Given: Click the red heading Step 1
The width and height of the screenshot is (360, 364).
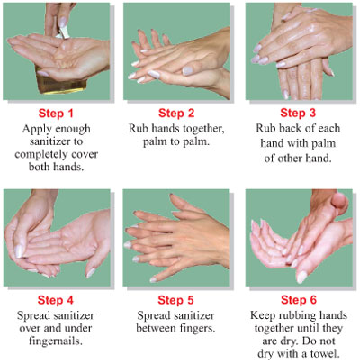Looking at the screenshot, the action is [x=56, y=114].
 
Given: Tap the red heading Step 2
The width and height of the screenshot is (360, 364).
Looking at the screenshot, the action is [x=176, y=113].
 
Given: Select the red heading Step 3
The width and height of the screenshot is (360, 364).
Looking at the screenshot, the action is [x=298, y=113].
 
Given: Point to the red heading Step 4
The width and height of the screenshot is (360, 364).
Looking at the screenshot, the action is [x=56, y=300].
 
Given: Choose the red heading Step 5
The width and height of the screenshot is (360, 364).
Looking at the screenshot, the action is [x=175, y=300].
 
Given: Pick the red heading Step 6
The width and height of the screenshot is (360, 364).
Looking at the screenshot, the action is [x=299, y=299].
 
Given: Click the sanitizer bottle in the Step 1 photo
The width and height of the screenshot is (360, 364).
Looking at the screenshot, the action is [x=61, y=80].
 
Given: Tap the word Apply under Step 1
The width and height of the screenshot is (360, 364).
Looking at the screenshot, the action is [x=33, y=129].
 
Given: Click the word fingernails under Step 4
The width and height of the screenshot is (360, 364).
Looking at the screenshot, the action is [x=56, y=341].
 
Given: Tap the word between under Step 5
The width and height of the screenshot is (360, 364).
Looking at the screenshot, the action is [x=156, y=328].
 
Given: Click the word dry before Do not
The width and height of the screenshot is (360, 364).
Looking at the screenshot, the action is [x=290, y=341].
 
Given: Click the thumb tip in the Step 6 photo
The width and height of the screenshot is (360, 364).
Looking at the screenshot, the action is [x=340, y=201].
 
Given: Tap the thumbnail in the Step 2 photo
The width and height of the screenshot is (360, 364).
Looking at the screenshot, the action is [x=187, y=70].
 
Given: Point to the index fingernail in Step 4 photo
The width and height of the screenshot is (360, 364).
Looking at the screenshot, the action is [x=20, y=251].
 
